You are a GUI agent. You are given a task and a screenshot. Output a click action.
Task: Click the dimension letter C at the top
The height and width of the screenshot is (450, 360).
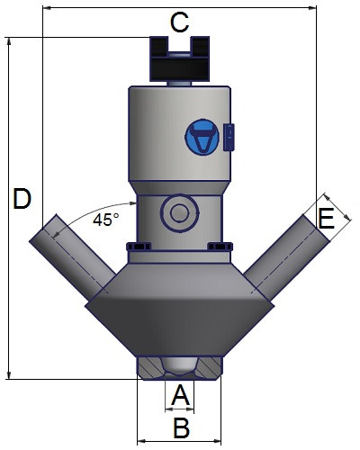[x=179, y=22]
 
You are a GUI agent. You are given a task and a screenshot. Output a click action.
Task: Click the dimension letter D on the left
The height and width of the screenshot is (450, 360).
[x=22, y=199]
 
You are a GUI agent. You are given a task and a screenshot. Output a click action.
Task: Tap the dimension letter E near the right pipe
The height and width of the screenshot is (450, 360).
[x=326, y=218]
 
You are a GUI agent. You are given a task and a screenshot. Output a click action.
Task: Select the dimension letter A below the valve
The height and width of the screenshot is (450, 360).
[x=180, y=395]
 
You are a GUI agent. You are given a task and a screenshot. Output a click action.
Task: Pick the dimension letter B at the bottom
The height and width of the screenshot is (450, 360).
[x=182, y=427]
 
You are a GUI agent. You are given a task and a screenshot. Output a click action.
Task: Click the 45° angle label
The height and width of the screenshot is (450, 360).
[x=106, y=220]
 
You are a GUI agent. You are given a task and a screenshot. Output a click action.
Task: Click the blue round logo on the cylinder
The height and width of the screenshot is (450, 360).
[x=202, y=137]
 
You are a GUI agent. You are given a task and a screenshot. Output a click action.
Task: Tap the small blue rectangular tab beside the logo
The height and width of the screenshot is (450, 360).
[x=229, y=137]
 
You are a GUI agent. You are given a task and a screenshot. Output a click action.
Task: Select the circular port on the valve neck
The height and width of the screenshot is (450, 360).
[x=179, y=212]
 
